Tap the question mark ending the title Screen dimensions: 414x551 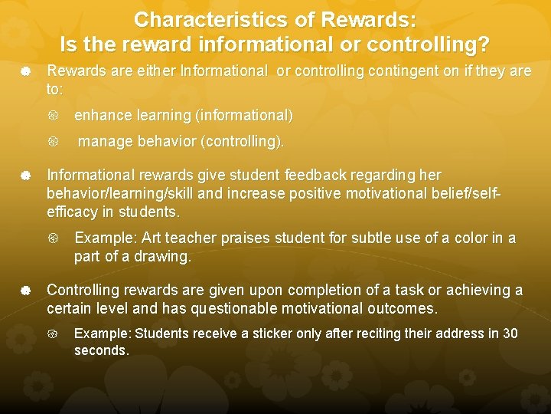(x=484, y=45)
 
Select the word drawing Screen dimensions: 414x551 (x=165, y=257)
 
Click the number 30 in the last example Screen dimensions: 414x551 (x=510, y=333)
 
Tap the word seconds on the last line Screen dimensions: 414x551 (x=100, y=350)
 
